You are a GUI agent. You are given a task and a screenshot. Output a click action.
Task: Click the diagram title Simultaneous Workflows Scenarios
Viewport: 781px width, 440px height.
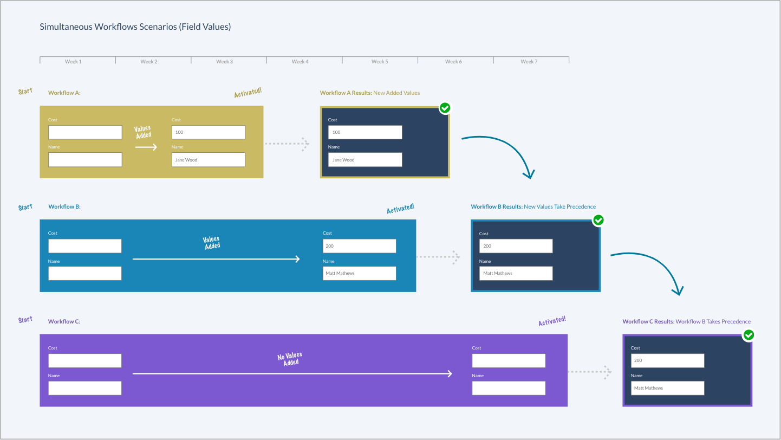pos(135,27)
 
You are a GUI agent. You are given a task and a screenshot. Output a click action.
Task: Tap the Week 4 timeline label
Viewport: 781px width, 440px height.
pos(300,62)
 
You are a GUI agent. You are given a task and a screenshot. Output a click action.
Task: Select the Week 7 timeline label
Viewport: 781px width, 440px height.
pos(529,62)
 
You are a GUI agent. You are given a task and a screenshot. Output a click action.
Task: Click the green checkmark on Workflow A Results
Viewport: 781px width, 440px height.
pos(445,108)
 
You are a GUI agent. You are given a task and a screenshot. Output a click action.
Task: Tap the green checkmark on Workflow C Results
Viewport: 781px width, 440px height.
pos(749,335)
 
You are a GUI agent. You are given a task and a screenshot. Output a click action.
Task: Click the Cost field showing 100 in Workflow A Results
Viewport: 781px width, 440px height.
pos(365,132)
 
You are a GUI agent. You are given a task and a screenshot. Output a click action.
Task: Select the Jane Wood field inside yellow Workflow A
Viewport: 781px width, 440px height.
pos(208,160)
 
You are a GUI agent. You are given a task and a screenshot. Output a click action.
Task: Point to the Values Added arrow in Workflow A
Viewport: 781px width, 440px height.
pos(146,147)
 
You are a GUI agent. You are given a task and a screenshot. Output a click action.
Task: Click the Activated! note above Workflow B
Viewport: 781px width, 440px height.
pos(400,209)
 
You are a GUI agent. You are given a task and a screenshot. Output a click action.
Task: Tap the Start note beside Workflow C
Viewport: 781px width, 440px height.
pos(25,320)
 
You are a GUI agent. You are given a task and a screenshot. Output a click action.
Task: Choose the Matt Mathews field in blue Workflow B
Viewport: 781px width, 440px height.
pos(359,273)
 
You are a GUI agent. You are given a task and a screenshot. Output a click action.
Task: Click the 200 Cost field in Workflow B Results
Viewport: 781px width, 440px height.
pos(516,246)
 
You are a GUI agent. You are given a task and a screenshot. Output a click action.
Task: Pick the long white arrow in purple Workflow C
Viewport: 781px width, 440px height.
pos(292,373)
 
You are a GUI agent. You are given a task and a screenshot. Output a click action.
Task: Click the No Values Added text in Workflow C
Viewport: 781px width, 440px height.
pos(290,359)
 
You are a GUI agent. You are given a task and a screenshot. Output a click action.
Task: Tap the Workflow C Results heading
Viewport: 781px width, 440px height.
pos(686,321)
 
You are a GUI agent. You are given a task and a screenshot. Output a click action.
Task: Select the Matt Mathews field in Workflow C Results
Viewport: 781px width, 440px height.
pos(667,388)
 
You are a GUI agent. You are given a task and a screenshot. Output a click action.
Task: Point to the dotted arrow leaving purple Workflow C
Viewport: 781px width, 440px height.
pos(589,372)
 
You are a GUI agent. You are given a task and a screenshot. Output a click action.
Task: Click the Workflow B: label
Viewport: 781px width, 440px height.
pos(64,206)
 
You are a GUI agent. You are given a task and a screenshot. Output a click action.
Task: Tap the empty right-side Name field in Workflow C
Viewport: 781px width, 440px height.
pos(509,388)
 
